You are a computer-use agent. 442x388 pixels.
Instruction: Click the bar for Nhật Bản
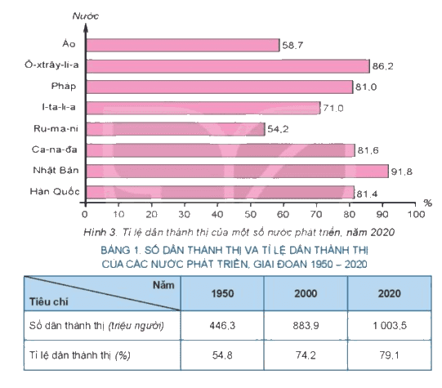point(238,171)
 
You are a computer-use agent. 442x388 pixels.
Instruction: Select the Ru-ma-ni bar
point(176,129)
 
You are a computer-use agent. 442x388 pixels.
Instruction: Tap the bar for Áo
point(183,45)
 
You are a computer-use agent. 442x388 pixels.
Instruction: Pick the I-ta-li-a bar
point(203,108)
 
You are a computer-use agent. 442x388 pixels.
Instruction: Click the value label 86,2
point(382,66)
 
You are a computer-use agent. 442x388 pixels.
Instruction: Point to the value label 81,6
point(368,150)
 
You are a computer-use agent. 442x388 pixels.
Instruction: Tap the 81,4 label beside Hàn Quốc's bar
point(367,194)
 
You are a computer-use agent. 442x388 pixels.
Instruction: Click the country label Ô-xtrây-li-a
point(51,65)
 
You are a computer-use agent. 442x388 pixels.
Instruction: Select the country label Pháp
point(64,86)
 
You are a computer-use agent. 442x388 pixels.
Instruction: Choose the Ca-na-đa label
point(54,149)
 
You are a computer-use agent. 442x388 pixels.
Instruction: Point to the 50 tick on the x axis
point(250,215)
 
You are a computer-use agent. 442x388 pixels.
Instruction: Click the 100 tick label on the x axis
point(416,215)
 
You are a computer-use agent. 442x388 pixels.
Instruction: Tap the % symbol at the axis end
point(427,203)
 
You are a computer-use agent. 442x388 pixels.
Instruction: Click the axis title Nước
point(86,16)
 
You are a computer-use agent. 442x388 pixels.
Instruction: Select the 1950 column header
point(222,293)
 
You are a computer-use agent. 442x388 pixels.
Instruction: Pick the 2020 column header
point(389,293)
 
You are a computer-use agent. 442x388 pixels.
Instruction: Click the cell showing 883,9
point(306,325)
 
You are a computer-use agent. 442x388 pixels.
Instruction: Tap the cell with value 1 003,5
point(390,325)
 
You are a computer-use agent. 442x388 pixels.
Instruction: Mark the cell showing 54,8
point(222,355)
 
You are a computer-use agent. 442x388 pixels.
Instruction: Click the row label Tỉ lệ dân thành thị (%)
point(80,355)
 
